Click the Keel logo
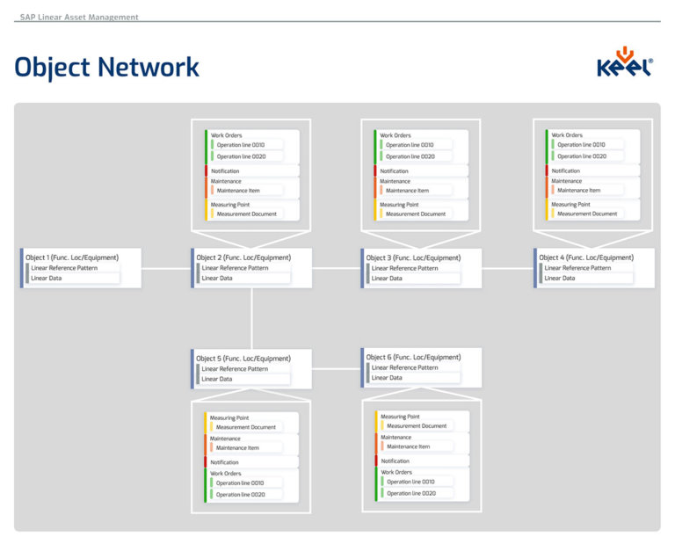624,64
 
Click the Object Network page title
107,67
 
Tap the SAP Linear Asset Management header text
79,17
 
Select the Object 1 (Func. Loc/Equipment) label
72,257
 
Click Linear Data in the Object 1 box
46,278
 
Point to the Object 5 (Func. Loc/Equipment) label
243,359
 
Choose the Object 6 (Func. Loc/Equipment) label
413,358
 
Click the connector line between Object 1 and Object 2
165,268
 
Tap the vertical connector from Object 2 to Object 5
251,318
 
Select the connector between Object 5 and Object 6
336,368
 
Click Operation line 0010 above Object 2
240,144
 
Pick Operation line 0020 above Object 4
581,156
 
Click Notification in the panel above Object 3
395,170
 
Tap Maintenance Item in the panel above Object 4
578,190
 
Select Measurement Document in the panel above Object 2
246,214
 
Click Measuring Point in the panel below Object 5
229,417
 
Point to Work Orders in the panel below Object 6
396,472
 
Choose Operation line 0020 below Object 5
240,495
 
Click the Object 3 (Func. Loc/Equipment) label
413,257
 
